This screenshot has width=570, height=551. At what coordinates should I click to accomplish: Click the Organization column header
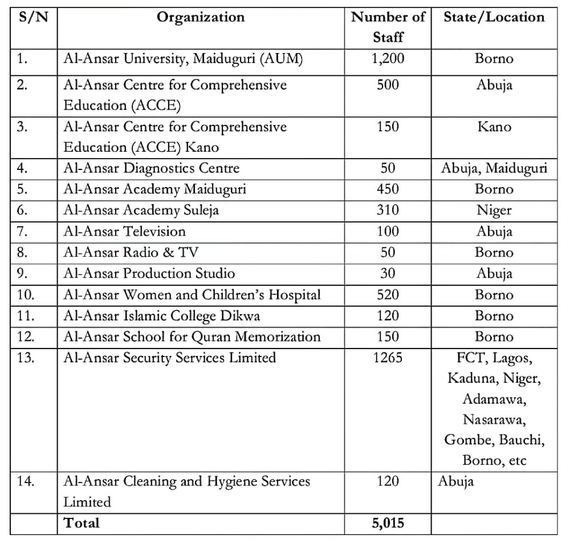[201, 17]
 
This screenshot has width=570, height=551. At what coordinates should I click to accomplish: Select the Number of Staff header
[388, 27]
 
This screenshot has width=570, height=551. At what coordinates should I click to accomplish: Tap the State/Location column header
[494, 17]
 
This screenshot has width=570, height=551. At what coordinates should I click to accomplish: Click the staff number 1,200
[388, 58]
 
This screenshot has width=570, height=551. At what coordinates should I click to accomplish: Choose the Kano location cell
[494, 126]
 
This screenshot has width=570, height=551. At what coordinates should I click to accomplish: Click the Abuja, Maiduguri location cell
[494, 168]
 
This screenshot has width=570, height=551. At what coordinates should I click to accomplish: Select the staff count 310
[388, 210]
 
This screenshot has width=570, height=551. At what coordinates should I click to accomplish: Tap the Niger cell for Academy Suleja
[494, 210]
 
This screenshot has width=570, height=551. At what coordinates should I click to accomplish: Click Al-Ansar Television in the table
[124, 232]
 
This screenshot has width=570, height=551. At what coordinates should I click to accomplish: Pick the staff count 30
[388, 274]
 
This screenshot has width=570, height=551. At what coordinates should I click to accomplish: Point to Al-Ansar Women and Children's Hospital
[192, 295]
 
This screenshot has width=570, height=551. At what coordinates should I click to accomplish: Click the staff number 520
[388, 295]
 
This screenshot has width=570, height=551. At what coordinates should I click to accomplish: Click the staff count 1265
[388, 358]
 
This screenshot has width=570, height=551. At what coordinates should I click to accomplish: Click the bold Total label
[81, 523]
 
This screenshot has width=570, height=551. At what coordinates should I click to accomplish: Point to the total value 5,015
[388, 523]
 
